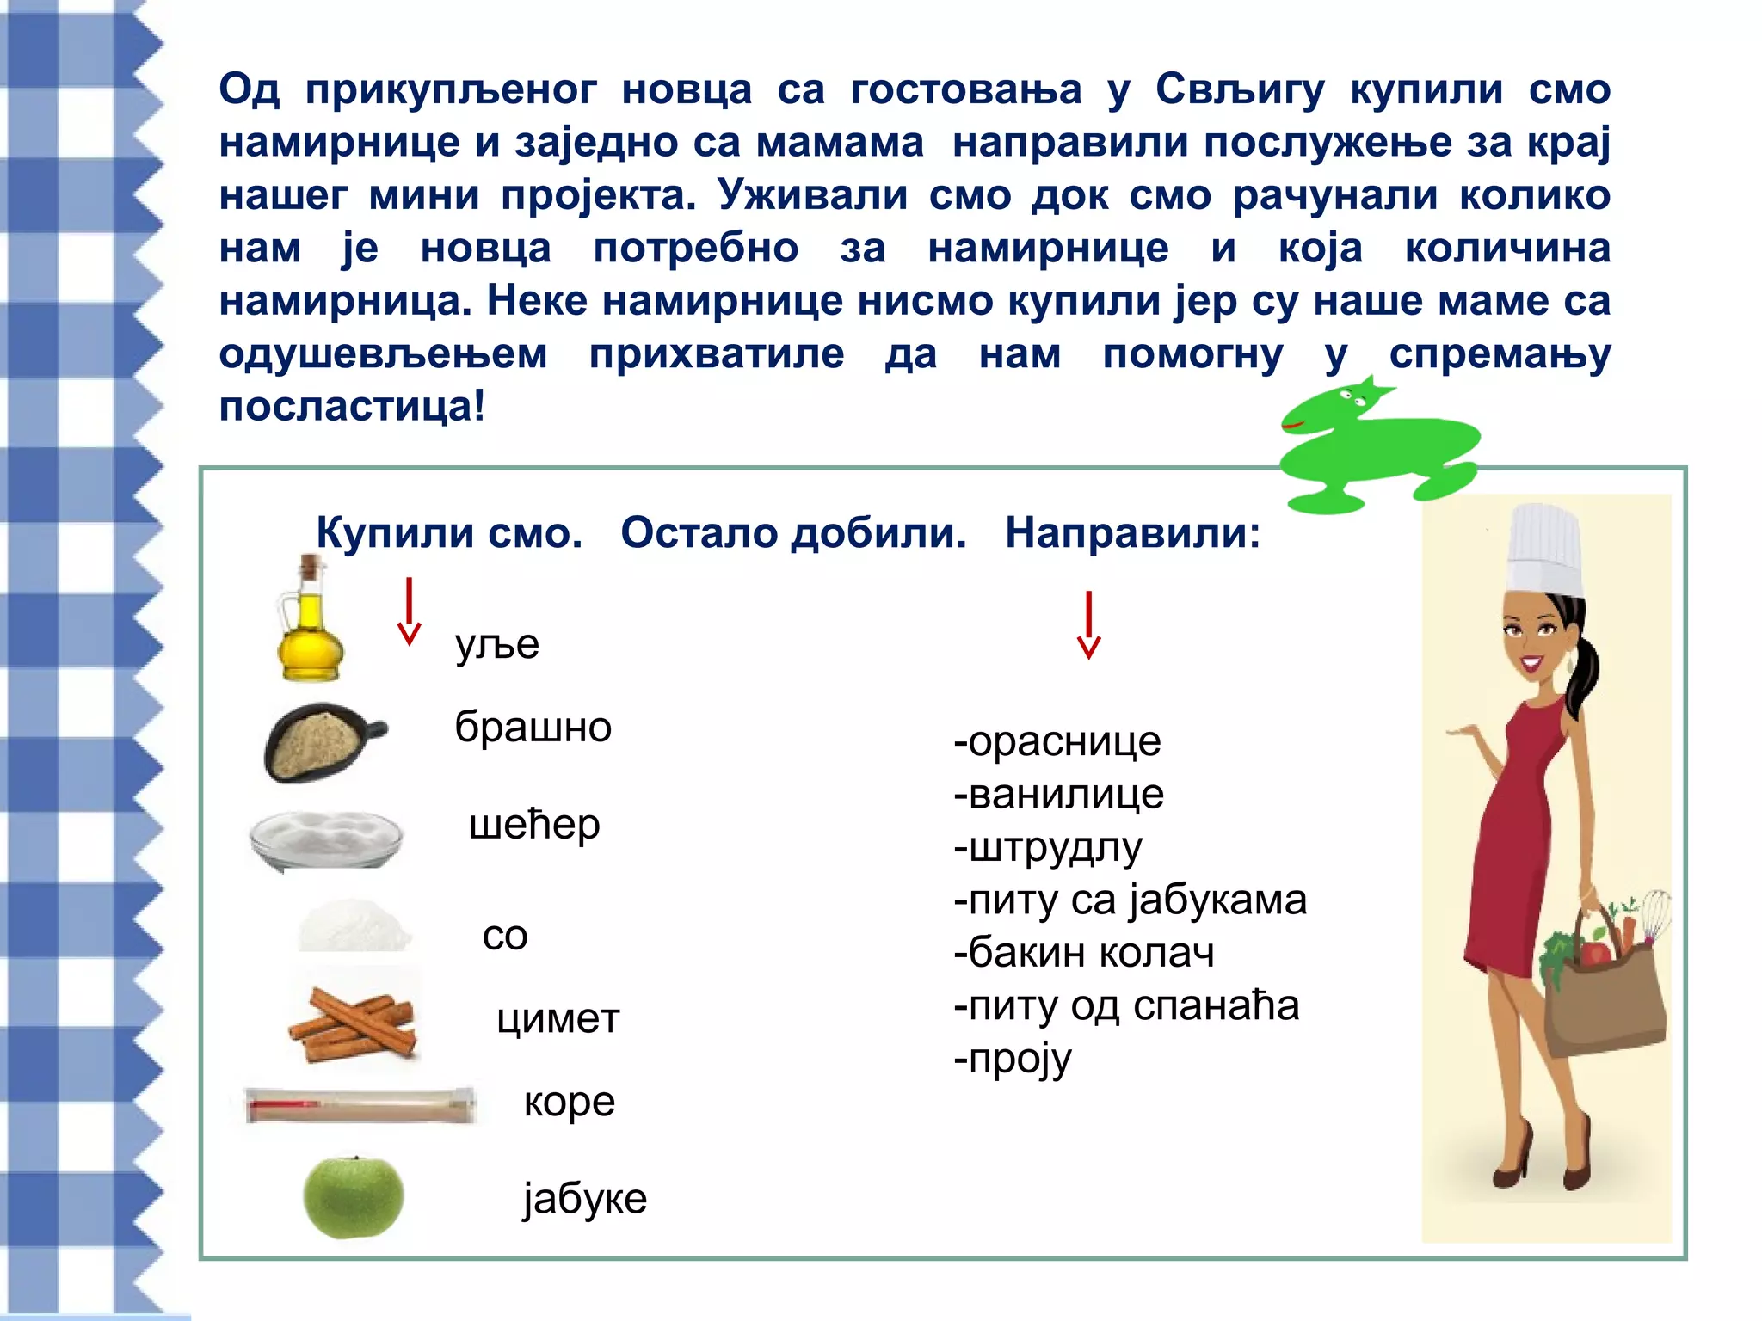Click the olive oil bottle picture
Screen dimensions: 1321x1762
(310, 624)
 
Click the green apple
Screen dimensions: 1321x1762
(353, 1197)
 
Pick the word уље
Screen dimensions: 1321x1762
(497, 645)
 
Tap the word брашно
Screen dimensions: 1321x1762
(533, 728)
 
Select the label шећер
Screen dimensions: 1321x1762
(534, 825)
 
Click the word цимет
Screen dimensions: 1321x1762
(558, 1019)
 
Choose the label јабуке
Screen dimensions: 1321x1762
(585, 1198)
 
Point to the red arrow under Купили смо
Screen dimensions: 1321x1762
(410, 611)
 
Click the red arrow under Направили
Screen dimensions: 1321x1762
(1088, 625)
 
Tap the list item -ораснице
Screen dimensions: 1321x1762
(1057, 741)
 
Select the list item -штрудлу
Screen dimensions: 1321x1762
(1048, 848)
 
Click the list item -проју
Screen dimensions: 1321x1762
(1013, 1060)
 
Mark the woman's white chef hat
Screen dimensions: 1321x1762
(1545, 550)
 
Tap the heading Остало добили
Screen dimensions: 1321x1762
(793, 533)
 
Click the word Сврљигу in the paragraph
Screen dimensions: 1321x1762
(1240, 90)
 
